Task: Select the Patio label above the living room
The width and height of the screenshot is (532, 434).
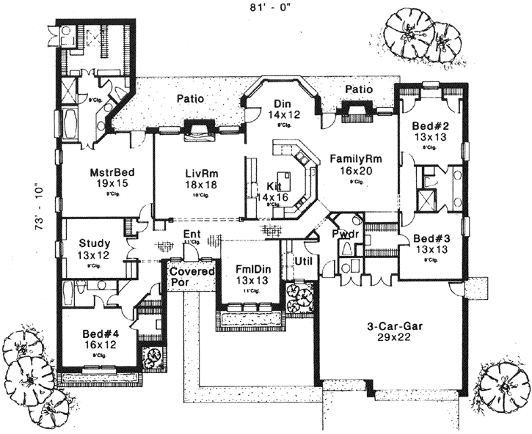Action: pos(189,98)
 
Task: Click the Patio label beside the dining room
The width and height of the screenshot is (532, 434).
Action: pos(359,89)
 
